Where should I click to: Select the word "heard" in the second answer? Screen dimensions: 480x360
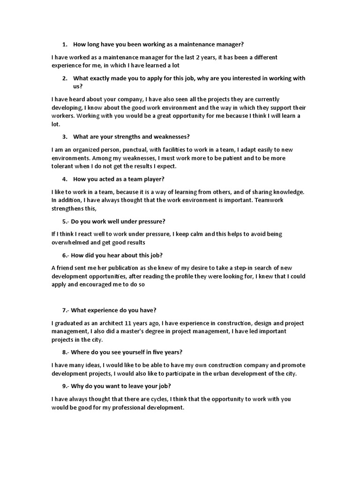coord(76,99)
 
